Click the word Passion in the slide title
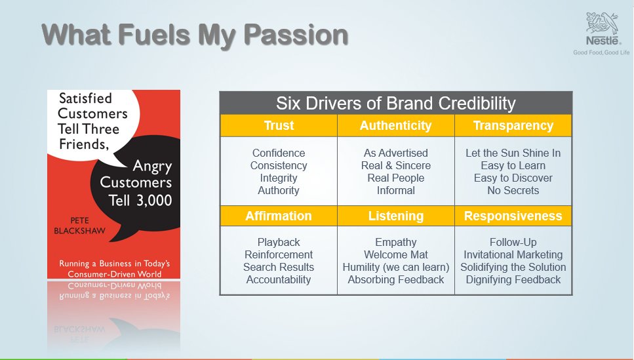[x=295, y=35]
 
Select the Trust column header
[x=279, y=126]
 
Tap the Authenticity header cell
[x=395, y=126]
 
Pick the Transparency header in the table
[x=513, y=126]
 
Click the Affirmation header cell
[x=279, y=216]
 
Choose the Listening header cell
[x=395, y=216]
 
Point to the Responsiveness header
[x=513, y=216]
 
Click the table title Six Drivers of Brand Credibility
[x=395, y=104]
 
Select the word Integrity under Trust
[x=279, y=178]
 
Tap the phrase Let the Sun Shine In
[x=513, y=153]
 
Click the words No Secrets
[x=513, y=190]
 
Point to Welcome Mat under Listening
[x=395, y=254]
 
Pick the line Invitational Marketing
[x=513, y=254]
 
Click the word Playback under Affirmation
[x=279, y=242]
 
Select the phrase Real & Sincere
[x=395, y=165]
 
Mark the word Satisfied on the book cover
[x=85, y=98]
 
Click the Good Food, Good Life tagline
[x=601, y=52]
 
